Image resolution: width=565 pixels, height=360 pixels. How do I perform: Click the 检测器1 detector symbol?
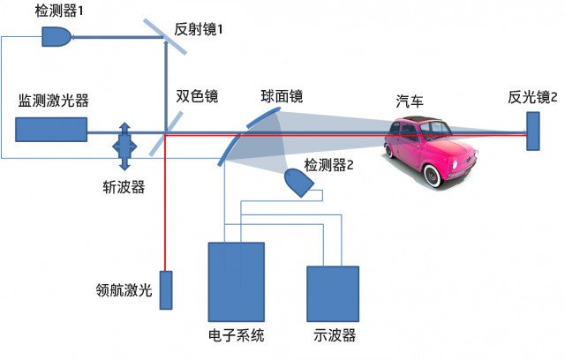click(x=56, y=36)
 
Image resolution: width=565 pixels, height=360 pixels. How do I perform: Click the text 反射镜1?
click(x=200, y=28)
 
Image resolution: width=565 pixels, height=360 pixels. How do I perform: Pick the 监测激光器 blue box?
click(x=50, y=130)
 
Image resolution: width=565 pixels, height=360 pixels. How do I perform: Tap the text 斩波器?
click(x=124, y=185)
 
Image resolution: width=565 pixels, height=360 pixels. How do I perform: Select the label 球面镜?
click(x=282, y=95)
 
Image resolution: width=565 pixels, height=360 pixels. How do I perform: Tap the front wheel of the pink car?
click(x=433, y=175)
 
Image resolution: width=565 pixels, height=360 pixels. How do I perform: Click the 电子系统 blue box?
click(x=235, y=281)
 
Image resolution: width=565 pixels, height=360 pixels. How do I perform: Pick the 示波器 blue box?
click(x=332, y=292)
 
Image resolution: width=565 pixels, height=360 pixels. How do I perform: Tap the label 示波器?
click(x=332, y=335)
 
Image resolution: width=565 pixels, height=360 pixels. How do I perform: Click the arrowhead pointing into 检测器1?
click(x=76, y=36)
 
